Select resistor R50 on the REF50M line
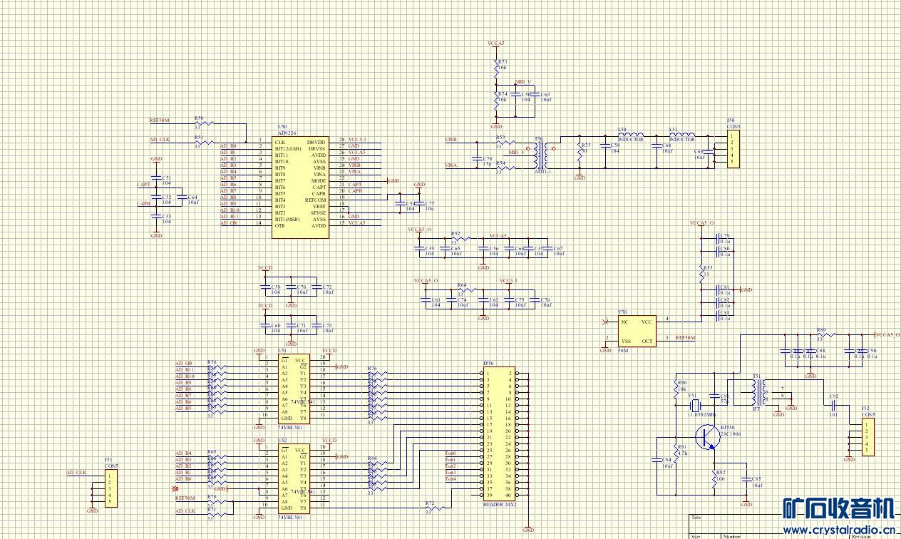(x=200, y=124)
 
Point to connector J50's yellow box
(x=733, y=149)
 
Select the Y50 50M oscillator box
(x=637, y=332)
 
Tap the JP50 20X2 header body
(x=500, y=433)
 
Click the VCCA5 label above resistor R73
(x=496, y=43)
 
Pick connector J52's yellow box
(x=867, y=437)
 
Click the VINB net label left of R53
(x=450, y=140)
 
